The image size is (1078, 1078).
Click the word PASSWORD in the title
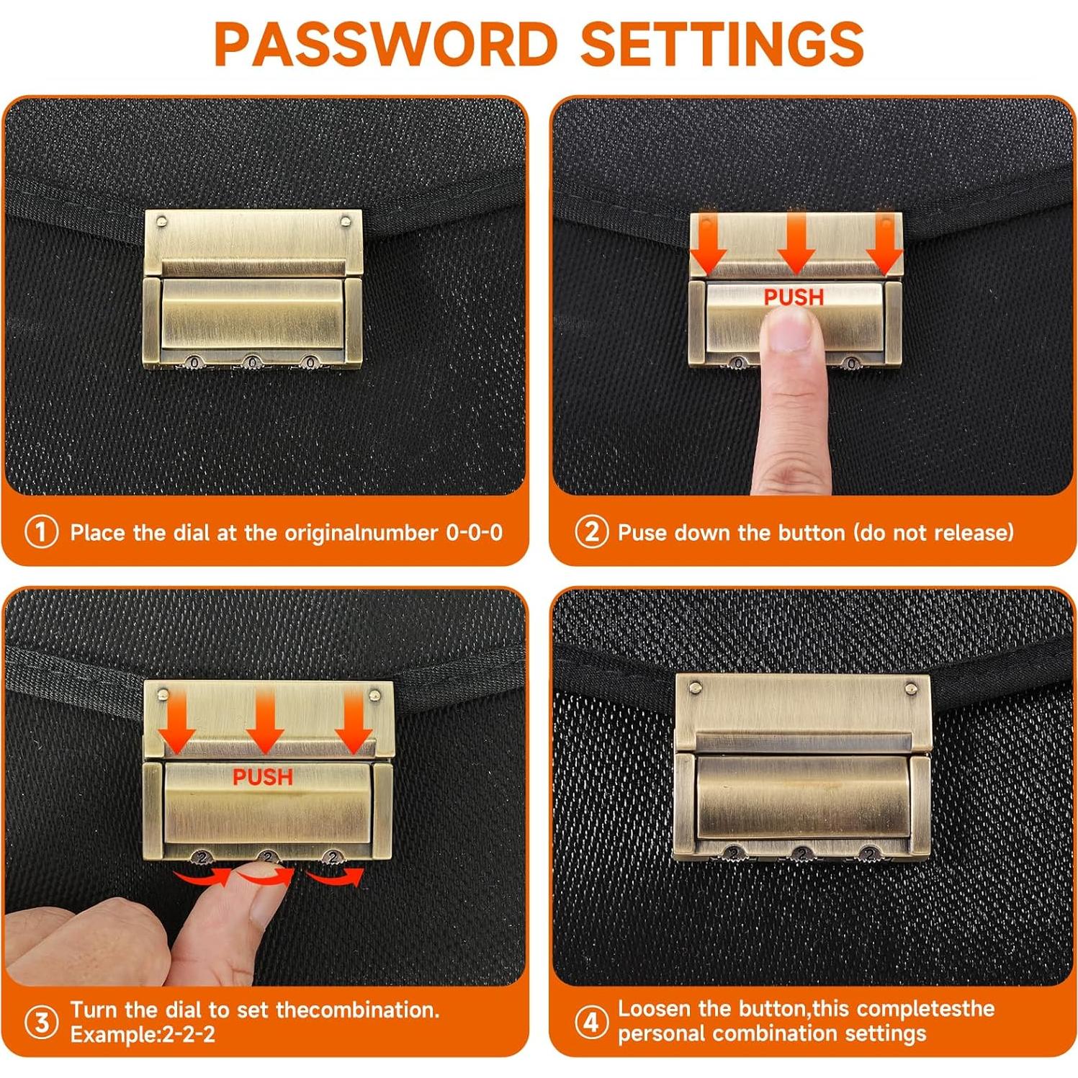pos(386,44)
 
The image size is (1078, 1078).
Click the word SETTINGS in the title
pos(722,44)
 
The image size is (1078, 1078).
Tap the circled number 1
pos(41,533)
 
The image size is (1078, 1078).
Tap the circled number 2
pos(591,532)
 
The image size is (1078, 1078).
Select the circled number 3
pos(41,1023)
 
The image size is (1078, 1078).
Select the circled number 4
pos(591,1022)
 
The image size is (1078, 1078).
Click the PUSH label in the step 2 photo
pos(794,297)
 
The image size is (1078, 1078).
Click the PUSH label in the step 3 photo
pos(263,777)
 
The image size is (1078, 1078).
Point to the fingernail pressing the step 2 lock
pos(792,333)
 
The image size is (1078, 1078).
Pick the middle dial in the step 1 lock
pos(252,361)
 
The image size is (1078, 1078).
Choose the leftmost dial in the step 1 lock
pos(194,361)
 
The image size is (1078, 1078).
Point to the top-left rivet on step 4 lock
pos(695,688)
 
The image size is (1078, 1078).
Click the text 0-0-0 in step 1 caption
pos(475,533)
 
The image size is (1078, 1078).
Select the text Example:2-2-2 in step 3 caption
pos(143,1035)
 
